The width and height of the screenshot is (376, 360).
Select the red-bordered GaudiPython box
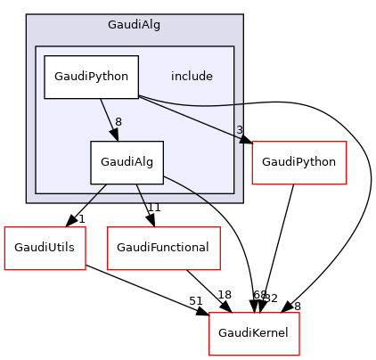(300, 162)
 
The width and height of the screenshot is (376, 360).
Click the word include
(192, 77)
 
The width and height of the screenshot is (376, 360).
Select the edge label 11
(152, 208)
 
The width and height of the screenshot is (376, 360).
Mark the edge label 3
(240, 131)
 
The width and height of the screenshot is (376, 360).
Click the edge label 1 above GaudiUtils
(81, 219)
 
